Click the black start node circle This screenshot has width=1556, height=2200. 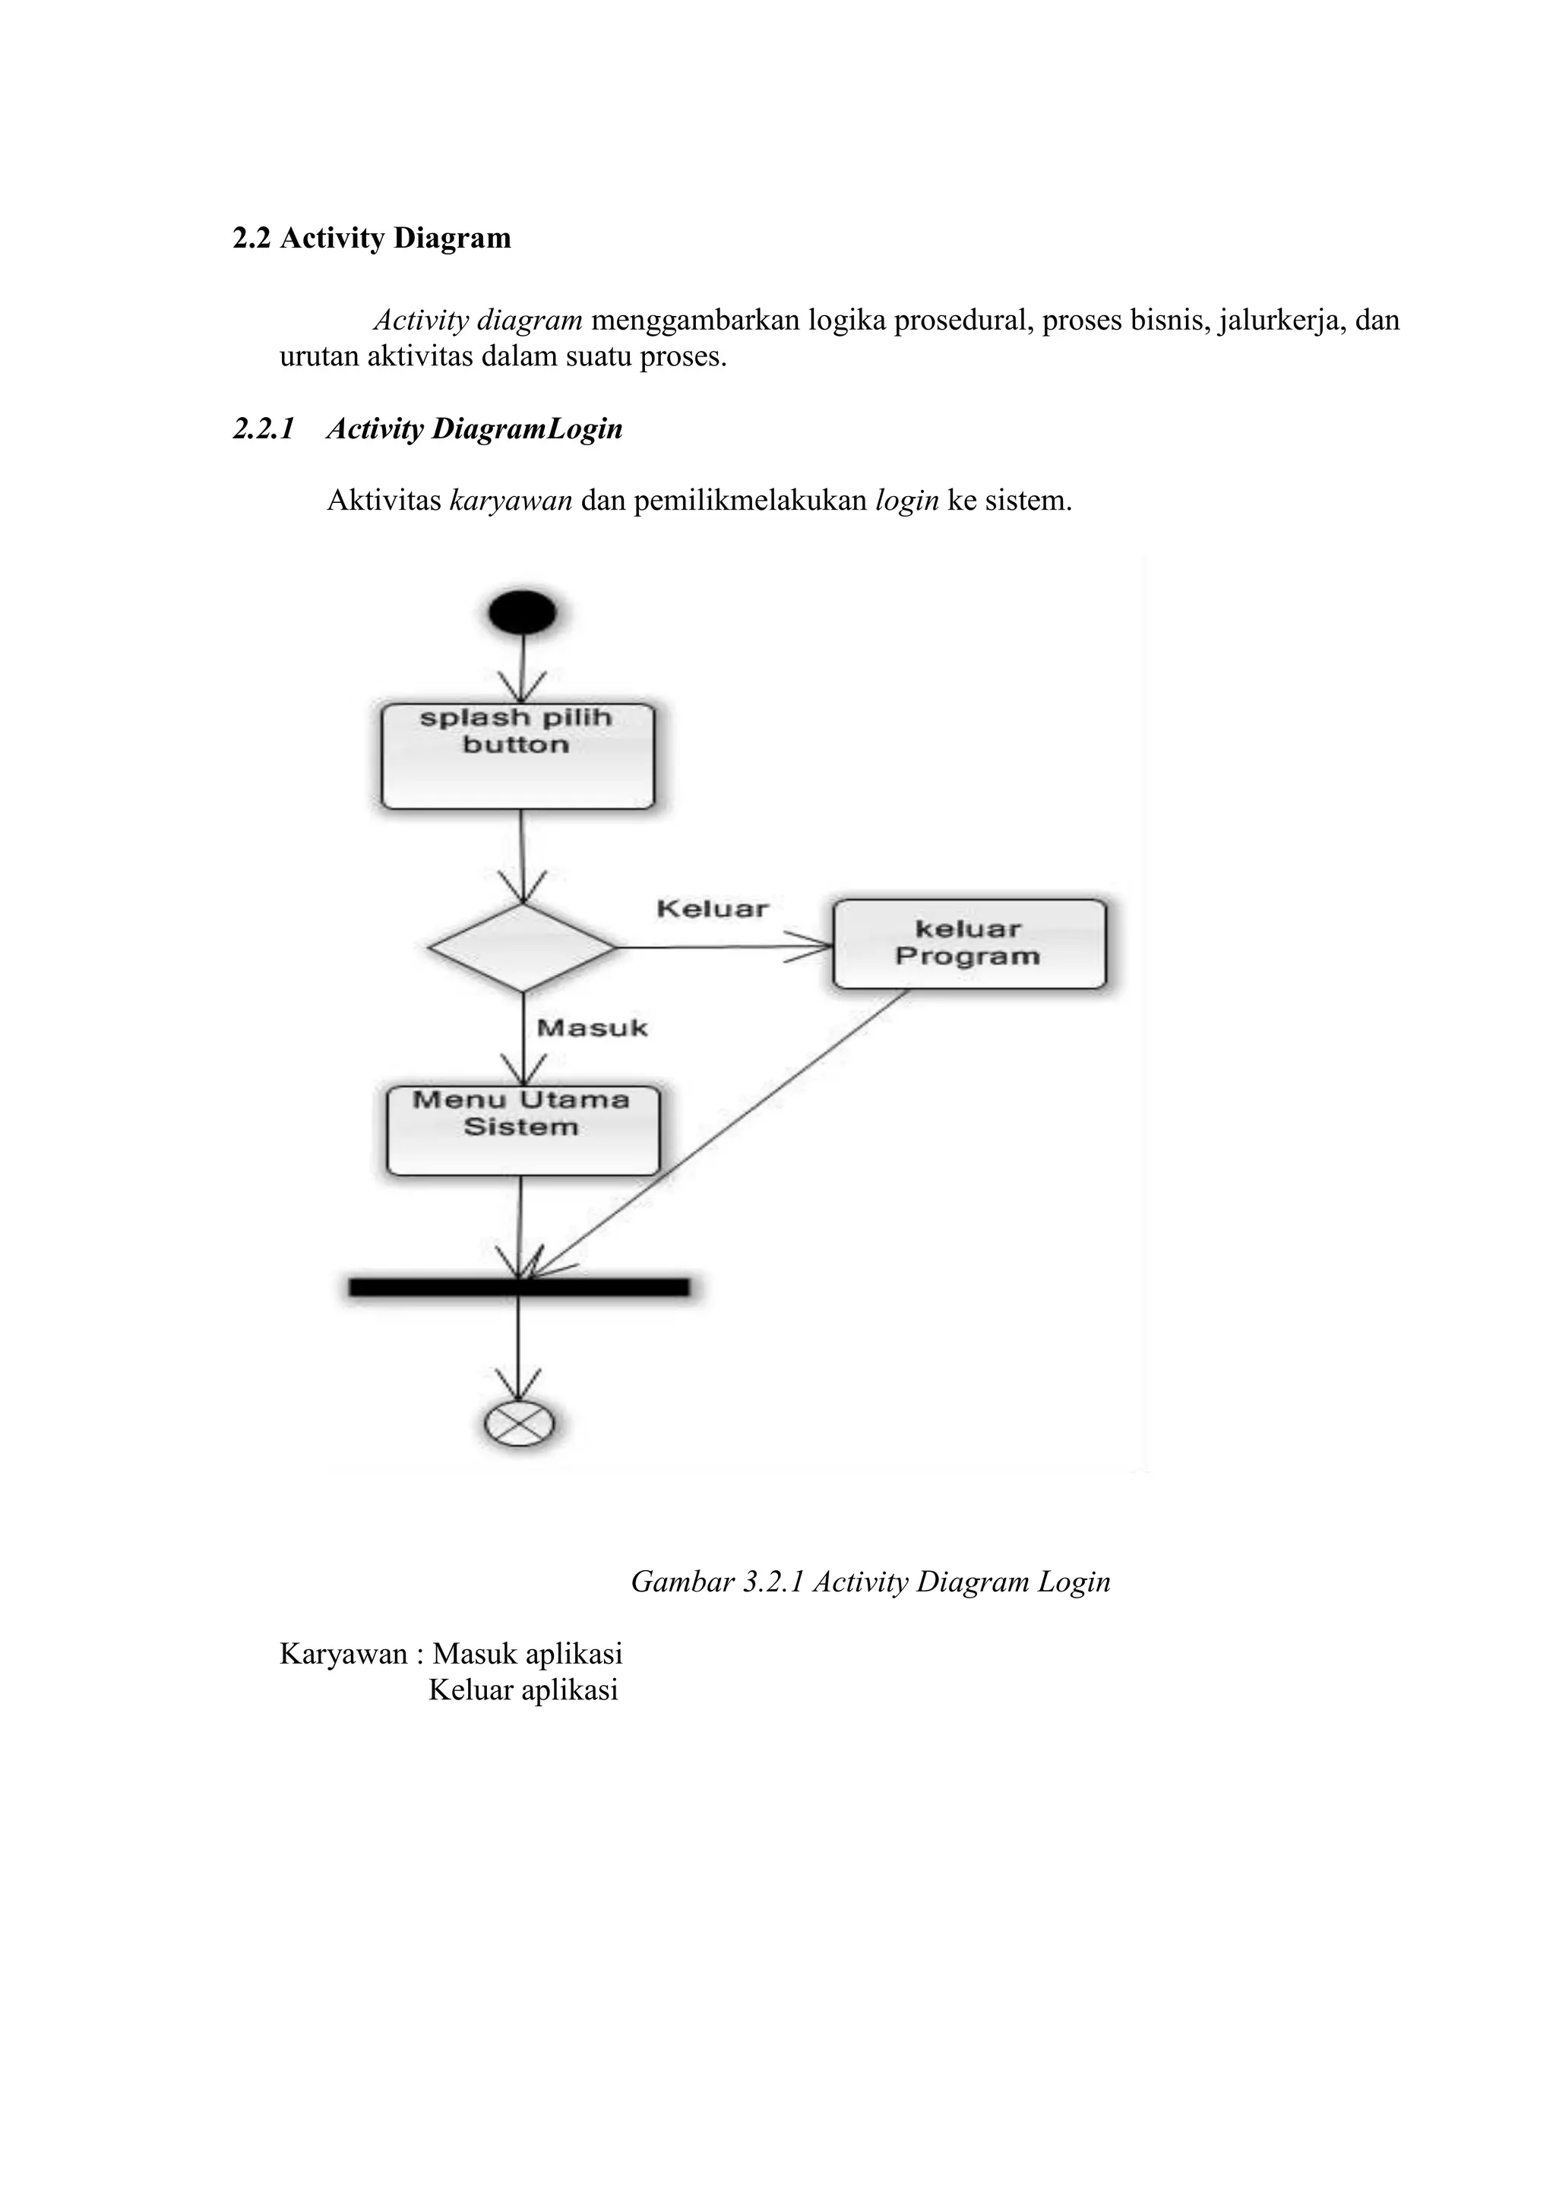tap(522, 612)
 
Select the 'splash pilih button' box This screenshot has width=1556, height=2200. tap(517, 757)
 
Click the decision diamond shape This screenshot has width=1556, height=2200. tap(522, 947)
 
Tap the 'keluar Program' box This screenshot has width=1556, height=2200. tap(969, 944)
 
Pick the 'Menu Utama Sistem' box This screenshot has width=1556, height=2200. tap(522, 1130)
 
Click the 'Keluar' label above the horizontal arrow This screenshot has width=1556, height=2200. tap(712, 909)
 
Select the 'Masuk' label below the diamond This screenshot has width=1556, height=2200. tap(592, 1028)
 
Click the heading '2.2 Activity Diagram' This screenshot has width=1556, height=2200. tap(372, 238)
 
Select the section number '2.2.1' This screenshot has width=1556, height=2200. tap(264, 428)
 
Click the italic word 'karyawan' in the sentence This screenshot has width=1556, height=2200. tap(510, 500)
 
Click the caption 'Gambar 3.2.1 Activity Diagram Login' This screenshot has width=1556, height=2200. tap(870, 1581)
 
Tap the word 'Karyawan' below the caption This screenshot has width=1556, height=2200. tap(343, 1654)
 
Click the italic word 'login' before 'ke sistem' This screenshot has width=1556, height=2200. tap(906, 500)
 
